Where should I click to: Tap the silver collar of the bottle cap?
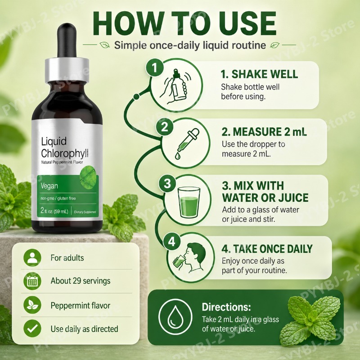tap(67, 70)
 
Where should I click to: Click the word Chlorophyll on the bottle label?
tap(65, 153)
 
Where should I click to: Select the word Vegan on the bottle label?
tap(49, 186)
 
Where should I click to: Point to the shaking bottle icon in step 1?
tap(176, 86)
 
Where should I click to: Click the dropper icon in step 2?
tap(187, 144)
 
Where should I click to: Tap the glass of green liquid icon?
tap(189, 202)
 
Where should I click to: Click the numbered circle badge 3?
tap(167, 184)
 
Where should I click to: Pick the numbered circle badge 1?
tap(155, 68)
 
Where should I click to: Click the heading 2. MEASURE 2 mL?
tap(264, 132)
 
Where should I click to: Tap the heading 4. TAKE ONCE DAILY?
tap(267, 249)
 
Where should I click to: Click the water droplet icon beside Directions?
tap(175, 316)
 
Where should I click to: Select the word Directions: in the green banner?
tap(226, 307)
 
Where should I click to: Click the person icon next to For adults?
tap(32, 257)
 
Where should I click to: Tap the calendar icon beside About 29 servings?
tap(32, 281)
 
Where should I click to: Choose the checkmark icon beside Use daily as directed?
tap(32, 328)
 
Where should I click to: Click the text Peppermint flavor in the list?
tap(81, 306)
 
